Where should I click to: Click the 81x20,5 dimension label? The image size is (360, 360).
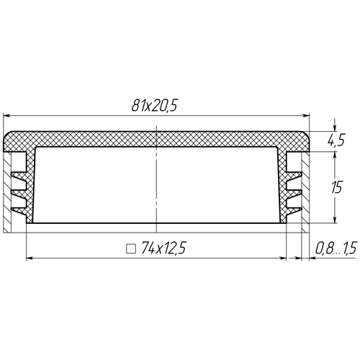pos(155,105)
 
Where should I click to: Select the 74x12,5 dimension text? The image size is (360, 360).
pos(163,248)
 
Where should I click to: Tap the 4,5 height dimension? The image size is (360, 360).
pos(336,140)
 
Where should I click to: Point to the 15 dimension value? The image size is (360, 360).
pos(336,187)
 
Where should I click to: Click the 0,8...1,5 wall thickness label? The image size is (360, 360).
pos(336,248)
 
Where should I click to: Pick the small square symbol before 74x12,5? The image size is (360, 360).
pos(131,249)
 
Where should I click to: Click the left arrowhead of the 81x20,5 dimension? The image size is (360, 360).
pos(6,116)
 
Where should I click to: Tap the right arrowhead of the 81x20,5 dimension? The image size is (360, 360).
pos(306,116)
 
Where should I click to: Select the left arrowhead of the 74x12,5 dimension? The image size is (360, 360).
pos(30,258)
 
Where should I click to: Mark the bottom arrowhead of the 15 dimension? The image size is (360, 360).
pos(336,220)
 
